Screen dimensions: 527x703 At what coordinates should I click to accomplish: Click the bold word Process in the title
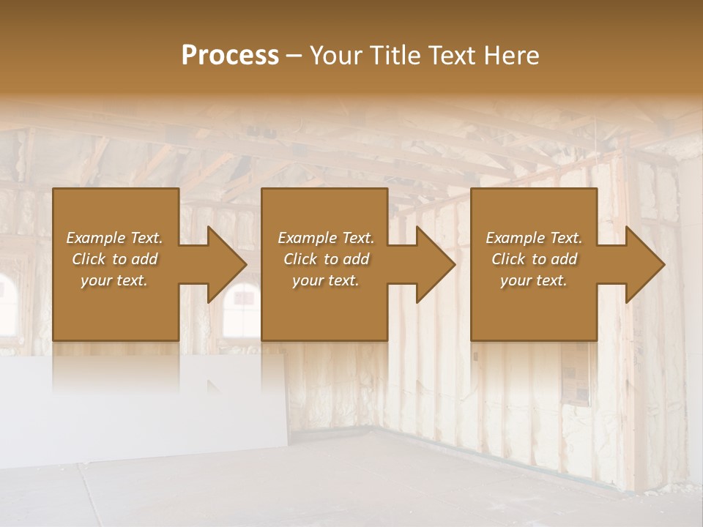click(230, 56)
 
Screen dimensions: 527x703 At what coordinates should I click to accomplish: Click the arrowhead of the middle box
click(434, 264)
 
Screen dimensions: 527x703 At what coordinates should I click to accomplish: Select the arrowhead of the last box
click(644, 264)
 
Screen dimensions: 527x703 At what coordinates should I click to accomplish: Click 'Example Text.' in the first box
click(114, 238)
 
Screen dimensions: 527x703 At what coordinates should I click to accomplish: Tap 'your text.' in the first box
click(114, 280)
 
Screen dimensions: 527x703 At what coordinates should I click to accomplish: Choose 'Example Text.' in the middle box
click(326, 238)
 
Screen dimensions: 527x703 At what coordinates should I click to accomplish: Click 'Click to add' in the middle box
click(326, 259)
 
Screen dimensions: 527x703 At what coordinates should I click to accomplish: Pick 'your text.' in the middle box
click(326, 280)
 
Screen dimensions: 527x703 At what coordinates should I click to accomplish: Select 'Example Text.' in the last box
click(534, 238)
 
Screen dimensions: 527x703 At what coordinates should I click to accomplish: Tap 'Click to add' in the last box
click(534, 259)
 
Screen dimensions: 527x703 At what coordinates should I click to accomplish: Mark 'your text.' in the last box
click(534, 280)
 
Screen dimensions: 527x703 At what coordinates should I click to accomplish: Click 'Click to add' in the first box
click(114, 259)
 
